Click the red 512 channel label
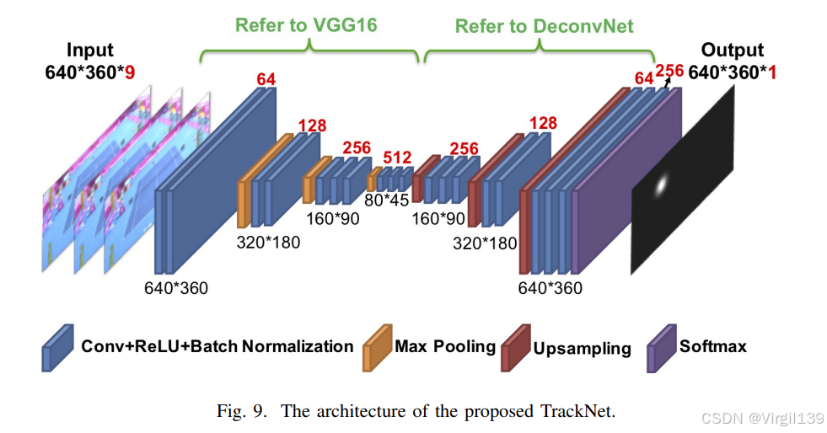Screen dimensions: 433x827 397,158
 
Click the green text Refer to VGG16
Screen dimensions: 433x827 306,25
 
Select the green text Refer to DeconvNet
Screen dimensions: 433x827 544,26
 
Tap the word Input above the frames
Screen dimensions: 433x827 90,51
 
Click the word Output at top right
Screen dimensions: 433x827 732,51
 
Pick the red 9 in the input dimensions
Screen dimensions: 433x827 130,73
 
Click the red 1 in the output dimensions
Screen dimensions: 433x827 771,73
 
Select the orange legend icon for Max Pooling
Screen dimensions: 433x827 376,347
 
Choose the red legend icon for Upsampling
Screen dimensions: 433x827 514,347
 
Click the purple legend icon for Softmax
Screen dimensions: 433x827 660,347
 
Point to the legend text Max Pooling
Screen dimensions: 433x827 445,346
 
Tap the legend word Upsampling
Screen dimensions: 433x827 582,349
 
